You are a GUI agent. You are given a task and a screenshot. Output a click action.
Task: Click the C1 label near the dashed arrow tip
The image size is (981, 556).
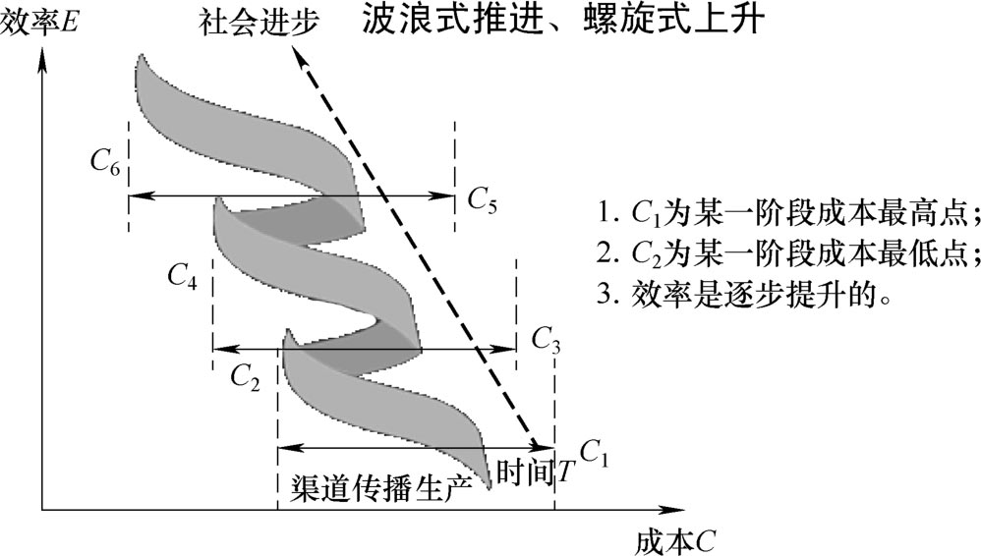[x=595, y=452]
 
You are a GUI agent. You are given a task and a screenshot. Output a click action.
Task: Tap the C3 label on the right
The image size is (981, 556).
[x=547, y=339]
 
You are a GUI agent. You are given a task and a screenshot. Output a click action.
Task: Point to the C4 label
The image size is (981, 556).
[x=182, y=277]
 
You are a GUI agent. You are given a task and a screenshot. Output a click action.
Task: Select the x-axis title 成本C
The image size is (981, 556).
[x=674, y=540]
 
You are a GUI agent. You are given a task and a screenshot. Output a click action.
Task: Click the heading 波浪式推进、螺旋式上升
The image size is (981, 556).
[x=561, y=21]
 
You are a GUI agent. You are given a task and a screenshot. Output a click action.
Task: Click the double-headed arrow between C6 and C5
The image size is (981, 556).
[x=291, y=195]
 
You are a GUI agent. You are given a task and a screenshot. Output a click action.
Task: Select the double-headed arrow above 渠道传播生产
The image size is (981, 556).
[x=417, y=448]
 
